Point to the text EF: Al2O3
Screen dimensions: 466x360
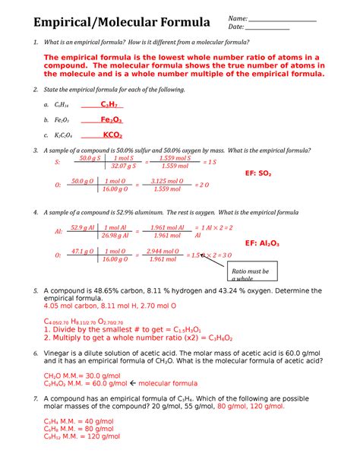click(261, 243)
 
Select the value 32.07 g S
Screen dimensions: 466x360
click(122, 165)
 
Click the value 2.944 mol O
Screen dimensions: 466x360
click(163, 251)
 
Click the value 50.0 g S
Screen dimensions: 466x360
click(89, 158)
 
